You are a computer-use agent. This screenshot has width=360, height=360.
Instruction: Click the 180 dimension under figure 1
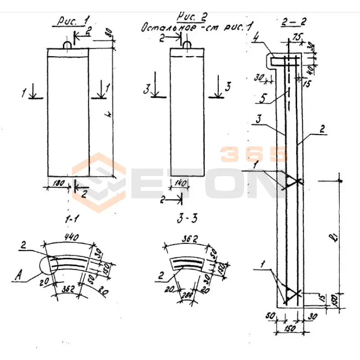click(x=57, y=184)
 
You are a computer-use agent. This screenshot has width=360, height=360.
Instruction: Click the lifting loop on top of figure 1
click(x=67, y=45)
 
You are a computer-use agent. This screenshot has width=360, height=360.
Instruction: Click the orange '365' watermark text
click(x=254, y=154)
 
